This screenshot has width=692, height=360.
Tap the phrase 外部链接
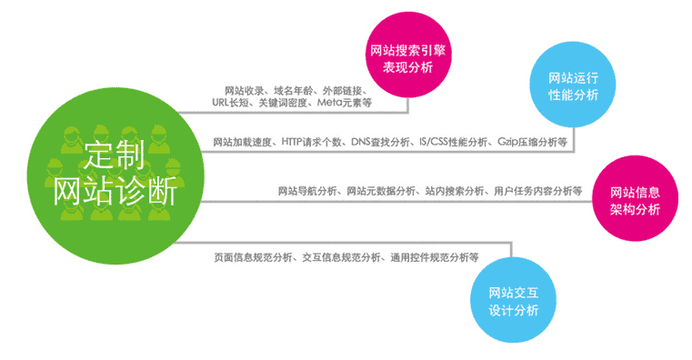pos(344,90)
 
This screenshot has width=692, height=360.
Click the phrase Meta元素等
pos(345,103)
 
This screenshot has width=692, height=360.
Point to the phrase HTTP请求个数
pos(312,143)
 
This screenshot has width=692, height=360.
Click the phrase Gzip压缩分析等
pos(532,143)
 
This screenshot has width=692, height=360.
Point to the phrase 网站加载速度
pos(242,143)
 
